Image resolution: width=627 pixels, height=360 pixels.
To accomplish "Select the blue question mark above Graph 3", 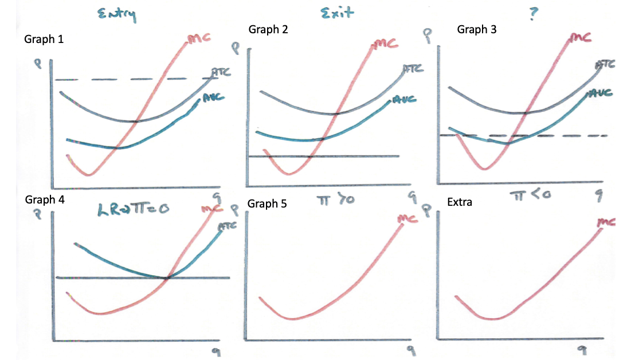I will point(534,13).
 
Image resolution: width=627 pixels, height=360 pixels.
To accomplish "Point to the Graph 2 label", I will point(268,30).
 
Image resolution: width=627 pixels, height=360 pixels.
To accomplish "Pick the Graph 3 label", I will point(477,30).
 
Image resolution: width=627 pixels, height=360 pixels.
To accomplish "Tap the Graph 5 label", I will point(267,204).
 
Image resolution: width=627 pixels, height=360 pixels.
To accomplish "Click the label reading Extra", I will point(460,202).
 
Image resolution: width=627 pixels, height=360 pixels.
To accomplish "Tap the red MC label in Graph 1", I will point(198,38).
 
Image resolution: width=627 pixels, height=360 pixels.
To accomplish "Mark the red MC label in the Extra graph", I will point(605,221).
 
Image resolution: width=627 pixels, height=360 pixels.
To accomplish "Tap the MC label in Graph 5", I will point(407,218).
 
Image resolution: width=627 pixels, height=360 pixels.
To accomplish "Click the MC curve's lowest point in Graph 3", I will point(485,169).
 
